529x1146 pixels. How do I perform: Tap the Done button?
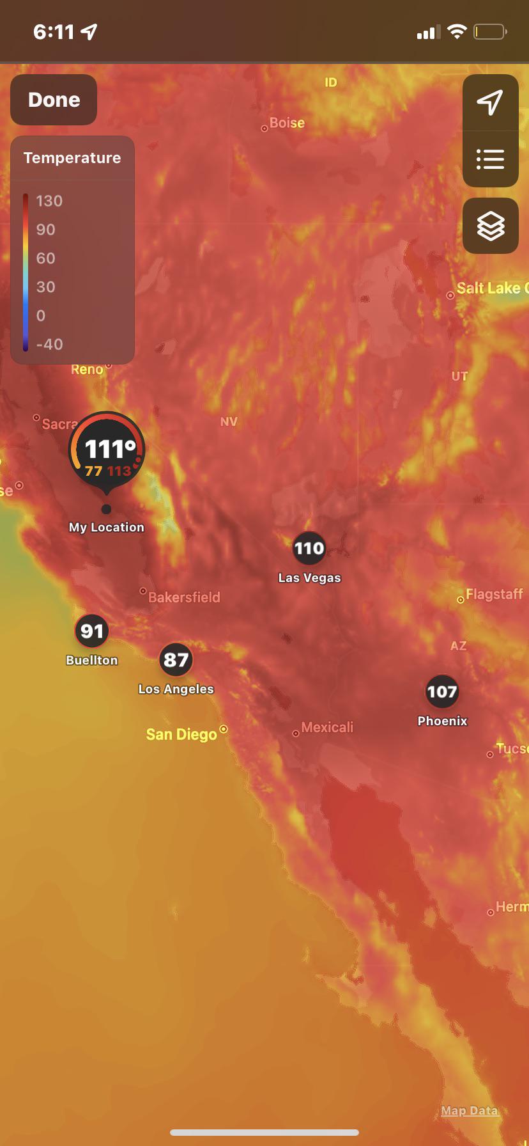tap(54, 100)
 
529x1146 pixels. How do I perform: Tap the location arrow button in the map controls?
tap(490, 102)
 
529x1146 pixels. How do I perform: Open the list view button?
tap(490, 159)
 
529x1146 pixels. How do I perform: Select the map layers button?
tap(490, 226)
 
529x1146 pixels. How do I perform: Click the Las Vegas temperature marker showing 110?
tap(309, 548)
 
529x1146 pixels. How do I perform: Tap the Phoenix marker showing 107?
tap(442, 691)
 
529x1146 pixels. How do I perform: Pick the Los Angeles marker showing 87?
tap(176, 659)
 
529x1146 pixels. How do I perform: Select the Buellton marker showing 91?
tap(92, 631)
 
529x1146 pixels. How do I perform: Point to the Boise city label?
tap(287, 123)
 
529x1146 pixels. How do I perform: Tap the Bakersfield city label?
tap(184, 597)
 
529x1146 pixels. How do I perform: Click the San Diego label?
tap(181, 734)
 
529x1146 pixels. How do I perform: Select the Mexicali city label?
tap(326, 727)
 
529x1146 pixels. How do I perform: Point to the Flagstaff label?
tap(494, 594)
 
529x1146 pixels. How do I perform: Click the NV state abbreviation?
tap(228, 421)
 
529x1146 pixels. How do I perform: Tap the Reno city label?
tap(87, 369)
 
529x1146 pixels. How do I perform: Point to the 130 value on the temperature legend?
tap(49, 201)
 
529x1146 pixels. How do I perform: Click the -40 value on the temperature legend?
tap(49, 344)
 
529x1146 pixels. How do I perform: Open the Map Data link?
tap(469, 1111)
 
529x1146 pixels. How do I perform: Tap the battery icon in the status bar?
tap(489, 31)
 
